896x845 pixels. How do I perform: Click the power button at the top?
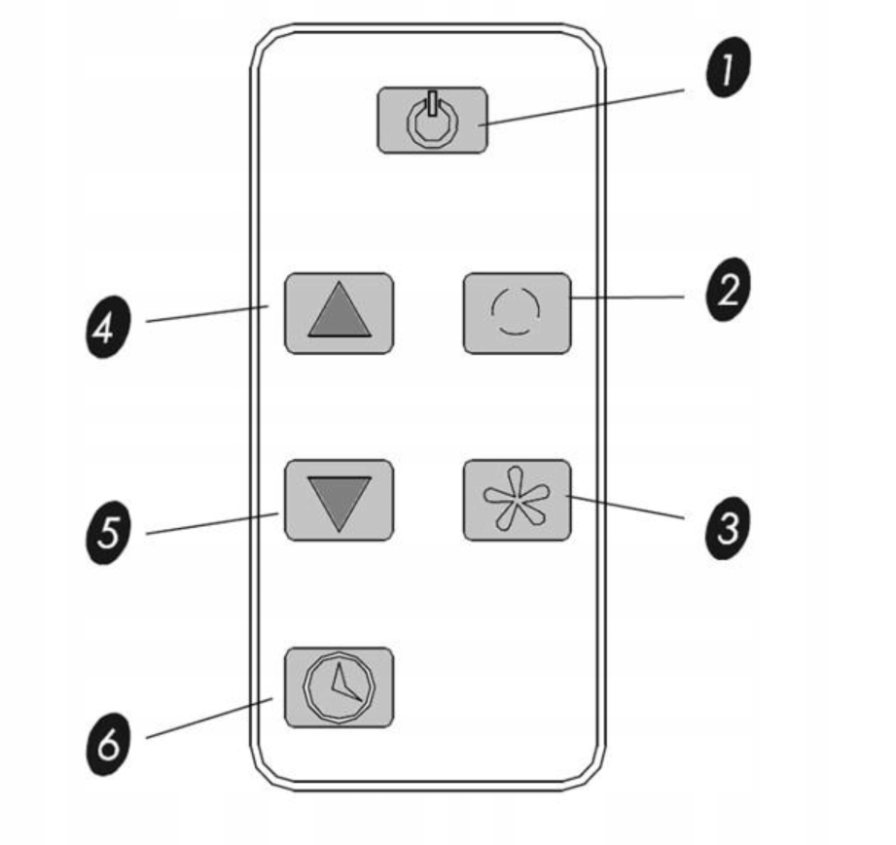click(432, 120)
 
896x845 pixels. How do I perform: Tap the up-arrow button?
click(339, 312)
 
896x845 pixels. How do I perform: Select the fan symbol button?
click(517, 500)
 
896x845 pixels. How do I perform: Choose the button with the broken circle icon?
click(517, 312)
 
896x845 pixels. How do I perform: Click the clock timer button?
click(339, 687)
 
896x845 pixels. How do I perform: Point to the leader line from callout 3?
click(627, 511)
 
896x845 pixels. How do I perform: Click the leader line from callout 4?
click(206, 313)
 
